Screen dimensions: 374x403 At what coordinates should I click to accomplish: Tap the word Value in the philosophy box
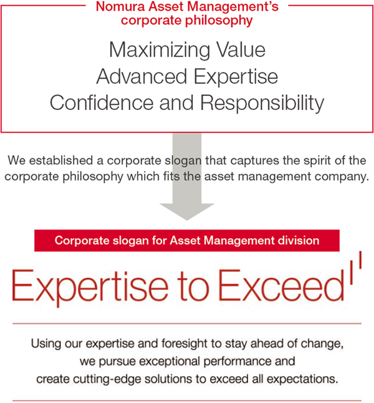tap(241, 50)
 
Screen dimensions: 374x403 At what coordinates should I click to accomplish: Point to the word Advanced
tap(141, 76)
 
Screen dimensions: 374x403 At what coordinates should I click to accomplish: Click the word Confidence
tap(102, 103)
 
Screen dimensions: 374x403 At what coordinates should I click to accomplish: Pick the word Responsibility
tap(262, 104)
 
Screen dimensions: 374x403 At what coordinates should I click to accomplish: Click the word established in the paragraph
tap(61, 160)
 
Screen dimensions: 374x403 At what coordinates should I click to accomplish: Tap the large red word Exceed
tap(281, 285)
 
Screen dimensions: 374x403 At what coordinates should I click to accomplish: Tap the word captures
tap(254, 161)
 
